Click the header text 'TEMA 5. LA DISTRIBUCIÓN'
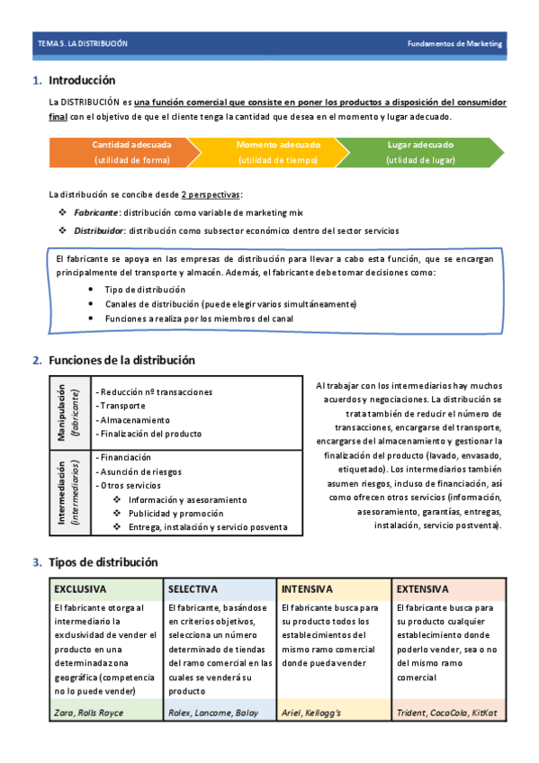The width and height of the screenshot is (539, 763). coord(83,43)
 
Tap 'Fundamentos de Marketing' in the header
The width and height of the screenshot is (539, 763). coord(454,43)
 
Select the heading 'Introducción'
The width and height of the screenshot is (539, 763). coord(82,80)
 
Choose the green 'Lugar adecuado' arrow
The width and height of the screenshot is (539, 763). coord(420,152)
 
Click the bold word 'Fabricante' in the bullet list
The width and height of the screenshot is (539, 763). coord(94,212)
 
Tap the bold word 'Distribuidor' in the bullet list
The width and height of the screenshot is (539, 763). coord(98,230)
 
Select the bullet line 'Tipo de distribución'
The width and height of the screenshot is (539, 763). coord(145,290)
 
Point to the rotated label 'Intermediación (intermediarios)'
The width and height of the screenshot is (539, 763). coord(69,491)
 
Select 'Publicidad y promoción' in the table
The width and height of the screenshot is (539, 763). coord(176,513)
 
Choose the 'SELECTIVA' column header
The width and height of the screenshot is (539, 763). coord(193,589)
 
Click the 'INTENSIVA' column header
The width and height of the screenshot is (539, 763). coord(308,589)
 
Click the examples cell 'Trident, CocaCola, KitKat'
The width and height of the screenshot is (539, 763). coord(447,713)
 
